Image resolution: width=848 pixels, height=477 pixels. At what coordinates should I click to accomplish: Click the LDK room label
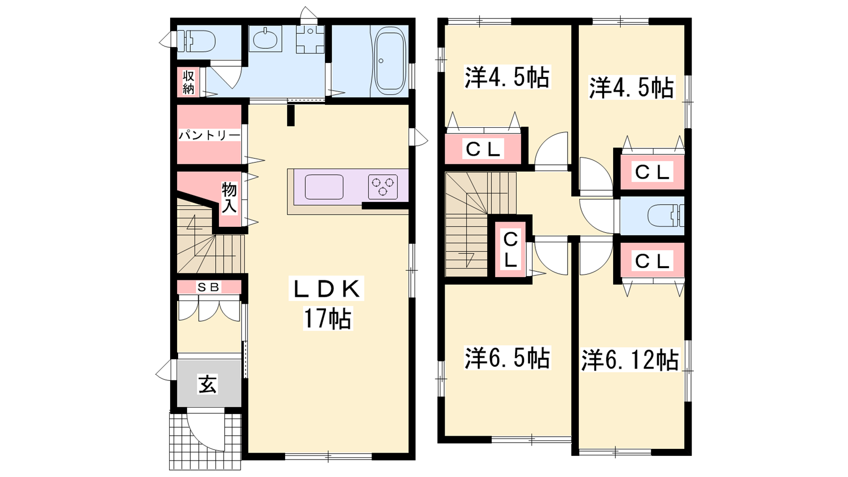tap(326, 289)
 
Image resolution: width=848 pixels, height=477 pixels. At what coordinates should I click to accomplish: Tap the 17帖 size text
tap(328, 319)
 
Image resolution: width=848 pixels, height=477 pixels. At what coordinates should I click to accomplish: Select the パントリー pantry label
tap(209, 135)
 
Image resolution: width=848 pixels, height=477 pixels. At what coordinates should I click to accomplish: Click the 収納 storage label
tap(189, 82)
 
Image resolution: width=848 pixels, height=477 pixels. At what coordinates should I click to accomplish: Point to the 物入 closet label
tap(229, 197)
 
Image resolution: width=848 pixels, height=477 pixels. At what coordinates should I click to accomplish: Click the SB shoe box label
tap(209, 287)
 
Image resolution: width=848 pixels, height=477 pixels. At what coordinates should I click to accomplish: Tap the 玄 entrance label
tap(208, 384)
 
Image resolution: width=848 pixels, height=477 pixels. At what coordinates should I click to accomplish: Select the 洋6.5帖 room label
tap(507, 358)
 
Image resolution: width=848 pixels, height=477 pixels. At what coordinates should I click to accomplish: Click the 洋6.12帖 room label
tap(630, 360)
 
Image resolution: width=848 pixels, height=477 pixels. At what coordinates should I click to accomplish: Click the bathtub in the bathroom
tap(390, 61)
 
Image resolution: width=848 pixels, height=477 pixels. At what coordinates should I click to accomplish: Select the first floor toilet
tap(198, 41)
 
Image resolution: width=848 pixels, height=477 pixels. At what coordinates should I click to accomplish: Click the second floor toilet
tap(666, 216)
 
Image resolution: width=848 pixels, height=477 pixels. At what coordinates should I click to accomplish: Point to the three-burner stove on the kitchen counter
tap(383, 187)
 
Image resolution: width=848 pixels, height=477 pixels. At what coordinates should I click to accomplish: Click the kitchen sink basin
tap(324, 187)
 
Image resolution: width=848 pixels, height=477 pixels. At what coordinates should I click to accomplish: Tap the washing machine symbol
tap(310, 39)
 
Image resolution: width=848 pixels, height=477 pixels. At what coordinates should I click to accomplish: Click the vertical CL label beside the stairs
tap(510, 250)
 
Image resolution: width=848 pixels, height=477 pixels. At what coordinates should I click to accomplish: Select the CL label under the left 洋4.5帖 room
tap(483, 149)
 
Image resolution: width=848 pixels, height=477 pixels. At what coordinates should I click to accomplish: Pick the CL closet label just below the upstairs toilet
tap(651, 261)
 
